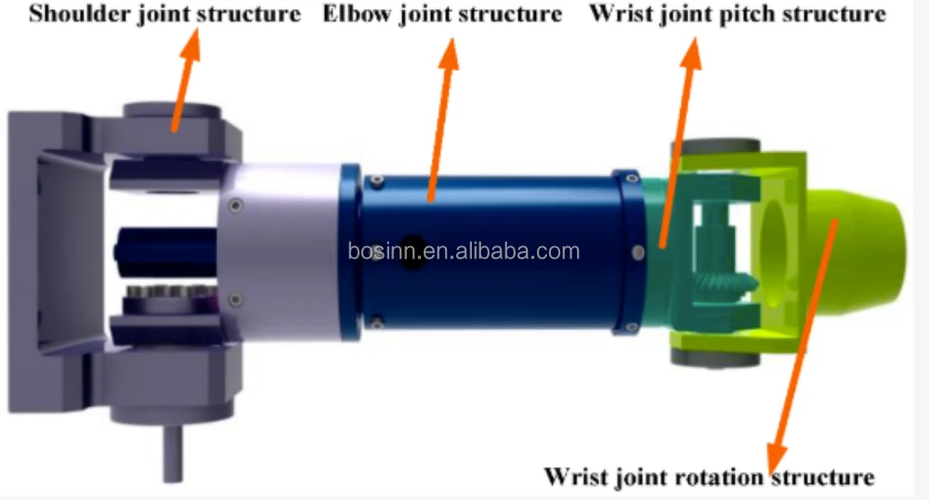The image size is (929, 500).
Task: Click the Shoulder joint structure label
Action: pyautogui.click(x=164, y=16)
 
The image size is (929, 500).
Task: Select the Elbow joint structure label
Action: pyautogui.click(x=442, y=16)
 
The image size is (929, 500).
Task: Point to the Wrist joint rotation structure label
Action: pyautogui.click(x=709, y=478)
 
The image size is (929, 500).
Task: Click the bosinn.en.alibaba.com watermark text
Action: pyautogui.click(x=464, y=251)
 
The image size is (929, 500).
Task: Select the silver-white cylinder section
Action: pyautogui.click(x=279, y=251)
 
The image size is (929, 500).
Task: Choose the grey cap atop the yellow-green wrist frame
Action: pyautogui.click(x=716, y=148)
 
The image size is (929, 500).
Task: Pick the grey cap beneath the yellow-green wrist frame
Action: pyautogui.click(x=715, y=359)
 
